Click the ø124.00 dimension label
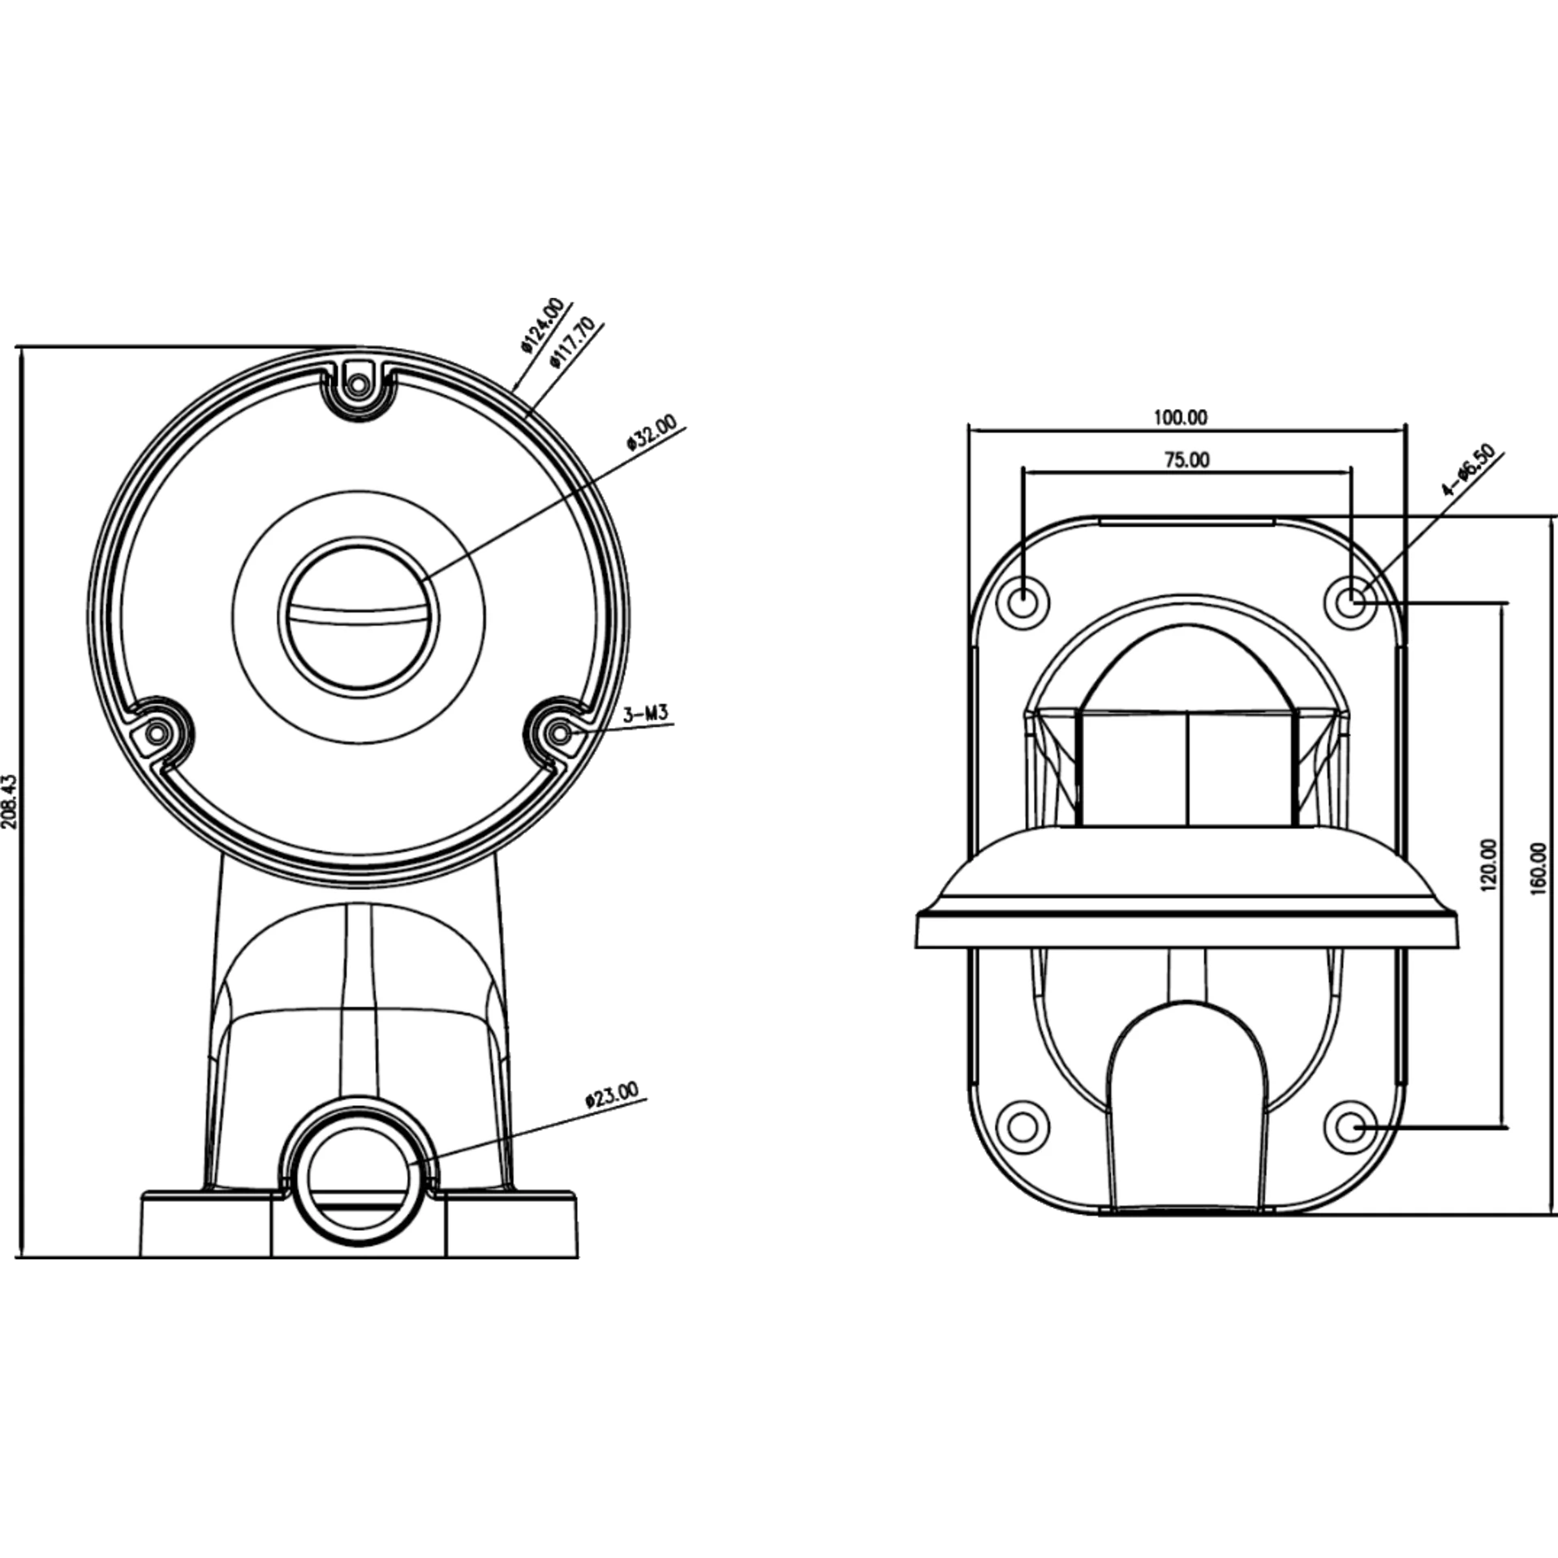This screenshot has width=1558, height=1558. [x=543, y=325]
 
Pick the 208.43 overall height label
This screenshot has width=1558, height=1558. [x=10, y=802]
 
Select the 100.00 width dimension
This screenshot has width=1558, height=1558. [x=1181, y=418]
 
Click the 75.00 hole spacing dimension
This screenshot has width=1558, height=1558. [x=1187, y=460]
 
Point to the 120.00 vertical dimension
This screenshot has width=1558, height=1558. [x=1489, y=866]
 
